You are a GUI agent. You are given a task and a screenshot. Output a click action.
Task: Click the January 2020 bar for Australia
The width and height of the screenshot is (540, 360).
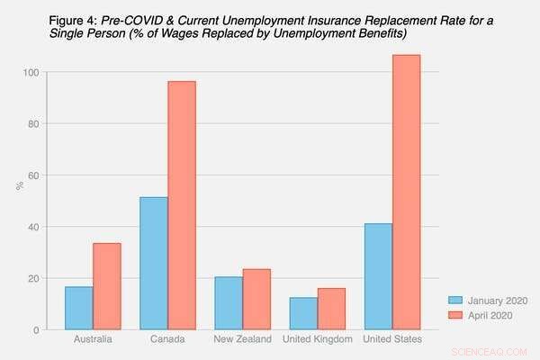point(78,308)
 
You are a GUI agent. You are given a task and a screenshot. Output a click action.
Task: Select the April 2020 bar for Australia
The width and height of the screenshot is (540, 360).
point(106,286)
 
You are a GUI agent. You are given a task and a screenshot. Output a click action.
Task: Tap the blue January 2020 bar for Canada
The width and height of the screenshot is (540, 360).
point(153,263)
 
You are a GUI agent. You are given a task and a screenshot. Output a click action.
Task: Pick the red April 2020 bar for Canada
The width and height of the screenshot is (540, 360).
point(181,205)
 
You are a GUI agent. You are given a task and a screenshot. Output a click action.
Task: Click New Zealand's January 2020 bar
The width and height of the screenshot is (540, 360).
point(228,302)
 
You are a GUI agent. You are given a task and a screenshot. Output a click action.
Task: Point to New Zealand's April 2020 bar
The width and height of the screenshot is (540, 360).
point(256,299)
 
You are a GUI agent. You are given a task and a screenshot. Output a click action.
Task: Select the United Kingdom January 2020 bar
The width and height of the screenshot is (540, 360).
point(303,313)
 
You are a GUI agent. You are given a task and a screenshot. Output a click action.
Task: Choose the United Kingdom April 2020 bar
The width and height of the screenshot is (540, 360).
point(331,309)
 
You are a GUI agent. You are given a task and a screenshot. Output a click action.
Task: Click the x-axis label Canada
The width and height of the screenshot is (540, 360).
point(167,339)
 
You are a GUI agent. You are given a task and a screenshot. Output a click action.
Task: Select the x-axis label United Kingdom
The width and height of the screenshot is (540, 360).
point(318,339)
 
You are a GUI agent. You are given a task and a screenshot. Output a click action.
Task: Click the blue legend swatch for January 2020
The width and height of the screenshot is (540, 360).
point(457,301)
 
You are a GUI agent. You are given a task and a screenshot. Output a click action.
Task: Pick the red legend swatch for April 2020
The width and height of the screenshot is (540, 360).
point(457,315)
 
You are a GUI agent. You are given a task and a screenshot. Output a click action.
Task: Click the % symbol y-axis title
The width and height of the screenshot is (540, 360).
point(18,185)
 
